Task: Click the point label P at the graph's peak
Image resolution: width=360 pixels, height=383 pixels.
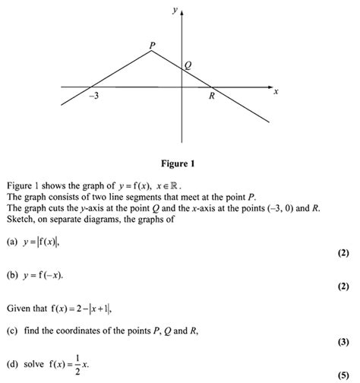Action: point(153,46)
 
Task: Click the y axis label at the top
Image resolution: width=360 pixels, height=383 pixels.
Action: point(175,10)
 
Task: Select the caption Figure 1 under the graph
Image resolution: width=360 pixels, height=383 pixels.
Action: point(181,163)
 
